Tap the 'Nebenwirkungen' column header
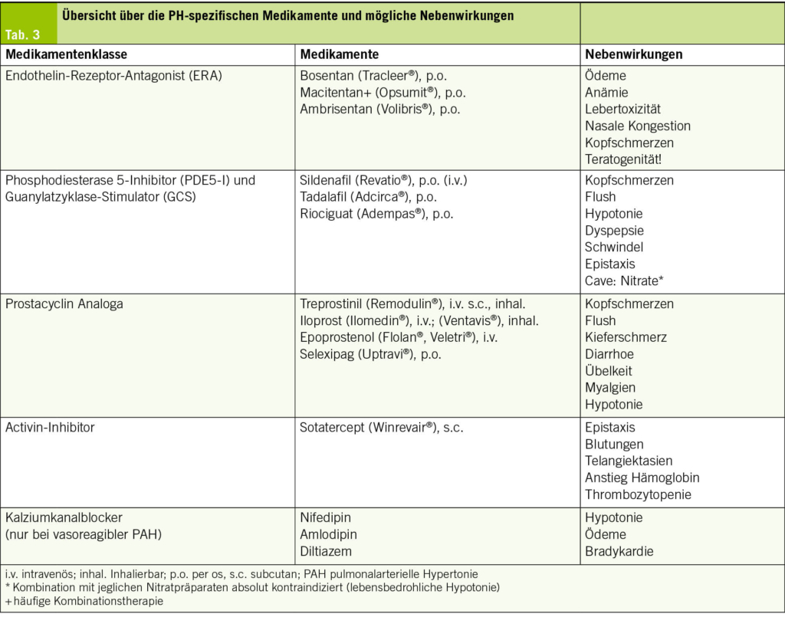click(633, 55)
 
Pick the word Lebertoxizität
click(622, 110)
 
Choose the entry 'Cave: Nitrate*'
click(624, 281)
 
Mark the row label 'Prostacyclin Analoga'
click(64, 304)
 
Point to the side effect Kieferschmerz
click(626, 337)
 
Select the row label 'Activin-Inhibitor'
click(51, 428)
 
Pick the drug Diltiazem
click(326, 551)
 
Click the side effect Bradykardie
click(619, 551)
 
